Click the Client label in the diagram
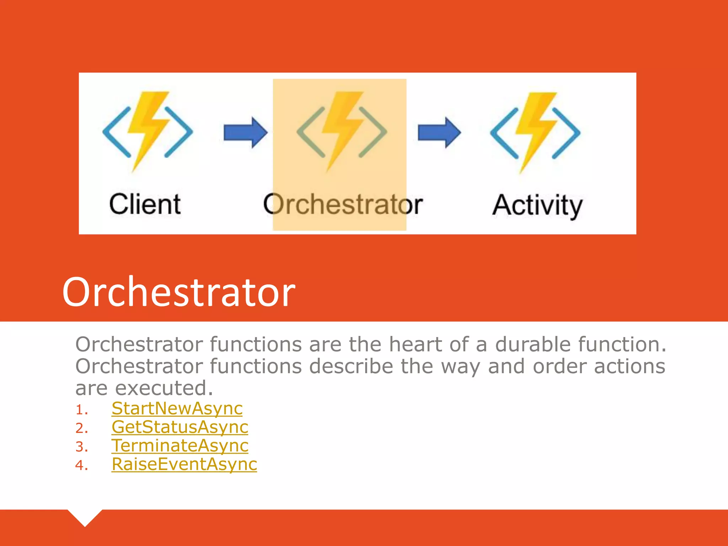(x=145, y=204)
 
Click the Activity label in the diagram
(x=537, y=205)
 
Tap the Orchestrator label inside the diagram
(x=343, y=204)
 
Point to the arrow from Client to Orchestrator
(x=245, y=132)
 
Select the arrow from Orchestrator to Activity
(x=439, y=132)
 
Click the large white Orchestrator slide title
(x=179, y=292)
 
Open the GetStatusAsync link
(x=180, y=427)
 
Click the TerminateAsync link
(x=180, y=445)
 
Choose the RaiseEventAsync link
(x=184, y=464)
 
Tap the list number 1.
(x=81, y=410)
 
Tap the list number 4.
(x=81, y=465)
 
